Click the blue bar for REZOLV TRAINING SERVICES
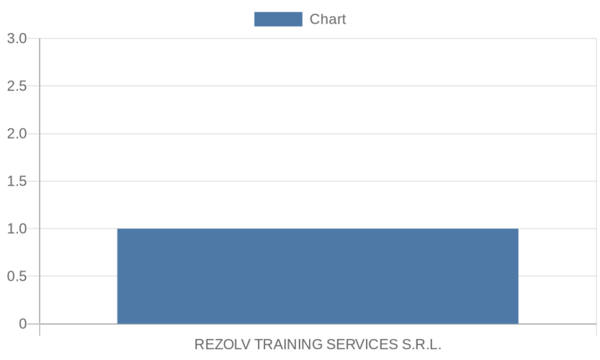click(318, 276)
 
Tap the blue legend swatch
click(278, 19)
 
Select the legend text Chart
click(328, 19)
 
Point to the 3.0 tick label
click(17, 38)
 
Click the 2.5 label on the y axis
click(17, 86)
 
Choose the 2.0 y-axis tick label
click(17, 134)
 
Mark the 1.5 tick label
click(17, 181)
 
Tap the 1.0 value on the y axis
click(17, 229)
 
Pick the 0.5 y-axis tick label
click(17, 276)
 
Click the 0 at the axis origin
click(23, 324)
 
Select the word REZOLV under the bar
click(222, 344)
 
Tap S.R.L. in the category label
click(422, 344)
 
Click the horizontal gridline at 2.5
click(318, 86)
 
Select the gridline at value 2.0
click(318, 134)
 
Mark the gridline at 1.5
click(318, 181)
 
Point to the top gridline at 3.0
click(318, 38)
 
